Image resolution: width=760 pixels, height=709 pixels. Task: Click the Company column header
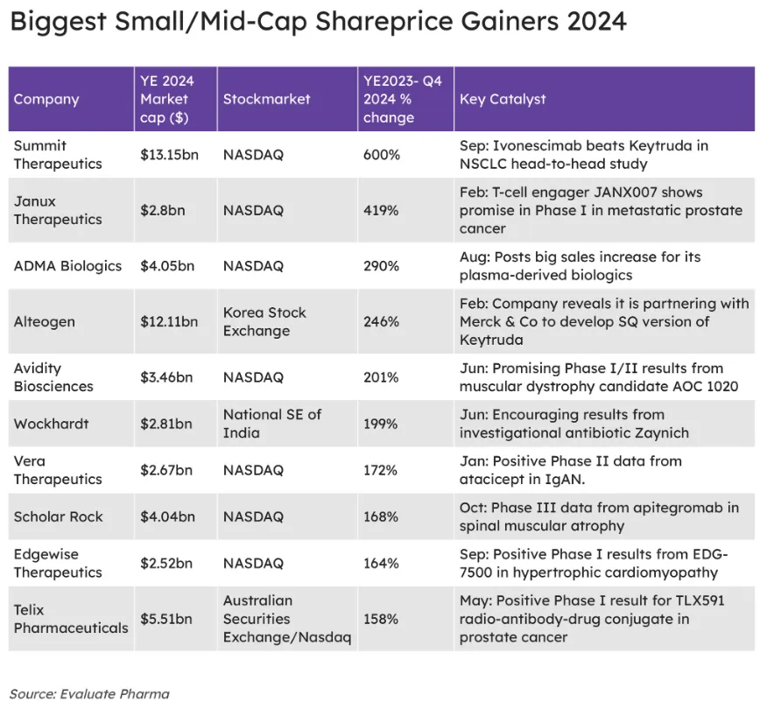pyautogui.click(x=46, y=99)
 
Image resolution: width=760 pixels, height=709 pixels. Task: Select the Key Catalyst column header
pyautogui.click(x=502, y=99)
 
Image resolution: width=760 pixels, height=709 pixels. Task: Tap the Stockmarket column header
pyautogui.click(x=266, y=99)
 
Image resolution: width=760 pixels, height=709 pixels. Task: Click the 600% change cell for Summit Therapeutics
pyautogui.click(x=381, y=155)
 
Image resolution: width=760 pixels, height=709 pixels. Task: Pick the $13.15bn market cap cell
pyautogui.click(x=169, y=155)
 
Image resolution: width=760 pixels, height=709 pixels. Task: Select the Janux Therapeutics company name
pyautogui.click(x=58, y=210)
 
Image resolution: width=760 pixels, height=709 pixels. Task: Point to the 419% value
pyautogui.click(x=381, y=211)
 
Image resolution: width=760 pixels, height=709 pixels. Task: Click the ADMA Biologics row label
pyautogui.click(x=67, y=266)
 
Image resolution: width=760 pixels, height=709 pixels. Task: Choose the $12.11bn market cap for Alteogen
pyautogui.click(x=169, y=322)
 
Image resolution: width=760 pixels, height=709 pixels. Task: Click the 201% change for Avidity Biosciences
pyautogui.click(x=381, y=377)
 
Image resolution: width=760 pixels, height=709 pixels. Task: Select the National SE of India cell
pyautogui.click(x=271, y=424)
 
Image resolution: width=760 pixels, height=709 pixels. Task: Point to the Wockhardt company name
pyautogui.click(x=51, y=424)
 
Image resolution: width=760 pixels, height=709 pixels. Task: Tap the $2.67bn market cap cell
pyautogui.click(x=166, y=470)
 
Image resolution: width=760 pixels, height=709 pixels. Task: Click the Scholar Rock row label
pyautogui.click(x=58, y=516)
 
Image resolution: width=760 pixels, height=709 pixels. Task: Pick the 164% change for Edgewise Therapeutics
pyautogui.click(x=381, y=564)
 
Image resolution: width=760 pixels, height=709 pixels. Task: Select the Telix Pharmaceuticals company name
pyautogui.click(x=70, y=619)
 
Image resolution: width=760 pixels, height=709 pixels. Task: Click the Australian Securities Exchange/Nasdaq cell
pyautogui.click(x=286, y=619)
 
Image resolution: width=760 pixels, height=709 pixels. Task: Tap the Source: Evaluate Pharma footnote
pyautogui.click(x=89, y=693)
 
